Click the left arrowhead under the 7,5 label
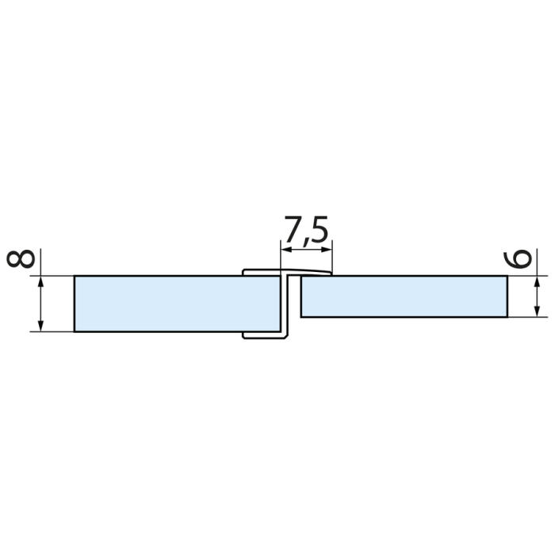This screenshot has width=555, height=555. click(x=286, y=250)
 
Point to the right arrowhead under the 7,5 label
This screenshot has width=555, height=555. click(x=327, y=250)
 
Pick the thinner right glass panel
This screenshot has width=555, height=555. click(x=404, y=297)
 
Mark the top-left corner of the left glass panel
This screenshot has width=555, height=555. click(x=75, y=276)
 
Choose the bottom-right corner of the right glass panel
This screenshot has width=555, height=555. click(x=507, y=317)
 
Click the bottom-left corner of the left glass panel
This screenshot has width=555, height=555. click(x=75, y=331)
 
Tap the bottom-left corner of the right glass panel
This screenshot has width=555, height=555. click(x=302, y=317)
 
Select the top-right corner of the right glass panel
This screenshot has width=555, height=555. click(x=507, y=276)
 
